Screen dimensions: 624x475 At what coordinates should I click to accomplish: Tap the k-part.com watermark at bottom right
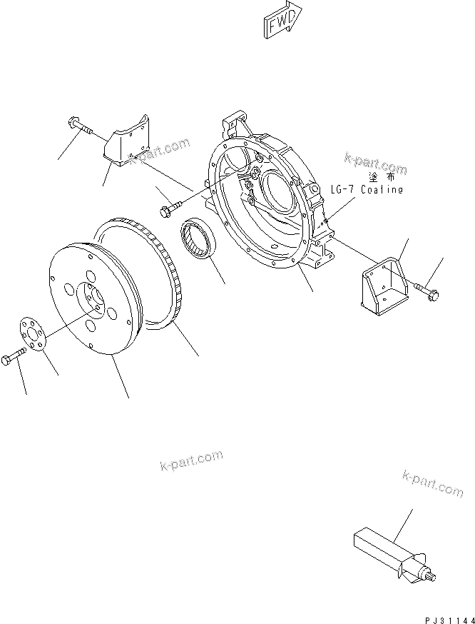coord(433,483)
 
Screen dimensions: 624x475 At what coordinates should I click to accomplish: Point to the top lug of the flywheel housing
coord(236,121)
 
